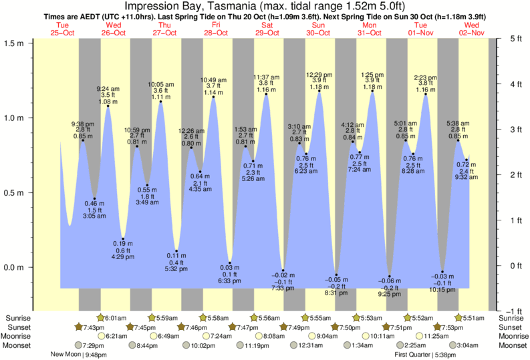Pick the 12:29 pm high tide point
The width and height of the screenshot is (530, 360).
tap(319, 92)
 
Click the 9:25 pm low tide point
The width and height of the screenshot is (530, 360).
tap(390, 277)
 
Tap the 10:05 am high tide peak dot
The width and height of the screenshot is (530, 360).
tap(160, 102)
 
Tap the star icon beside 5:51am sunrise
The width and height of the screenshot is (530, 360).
tap(458, 318)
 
